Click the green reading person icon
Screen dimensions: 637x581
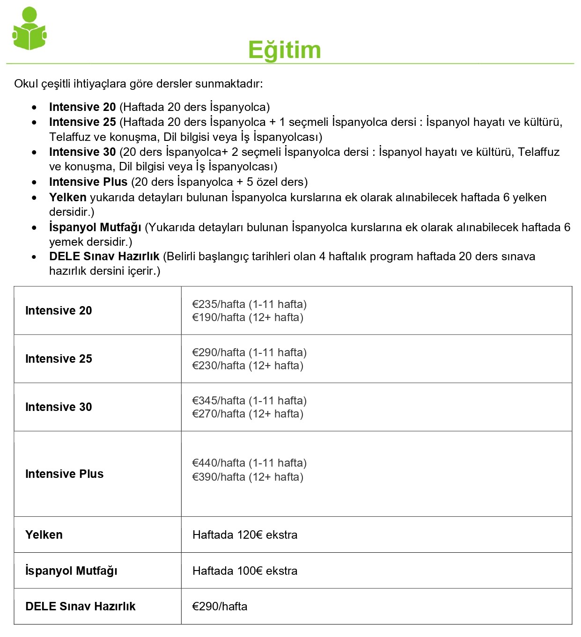tap(29, 29)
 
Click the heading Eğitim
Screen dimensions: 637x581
tap(284, 50)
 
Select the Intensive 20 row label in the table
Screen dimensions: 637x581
tap(59, 311)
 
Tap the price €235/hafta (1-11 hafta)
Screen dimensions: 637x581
tap(249, 304)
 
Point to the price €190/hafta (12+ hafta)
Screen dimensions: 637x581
tap(248, 317)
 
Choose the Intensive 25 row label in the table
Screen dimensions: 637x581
tap(59, 359)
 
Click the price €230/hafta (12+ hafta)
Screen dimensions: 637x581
tap(248, 366)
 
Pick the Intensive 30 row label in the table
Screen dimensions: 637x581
tap(59, 407)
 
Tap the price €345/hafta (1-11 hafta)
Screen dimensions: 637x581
tap(249, 401)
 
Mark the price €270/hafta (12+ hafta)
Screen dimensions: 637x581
tap(248, 414)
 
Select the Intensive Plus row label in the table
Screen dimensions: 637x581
tap(64, 474)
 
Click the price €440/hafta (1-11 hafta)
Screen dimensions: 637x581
tap(249, 463)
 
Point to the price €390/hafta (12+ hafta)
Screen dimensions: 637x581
tap(248, 477)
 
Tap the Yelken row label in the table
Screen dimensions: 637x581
tap(44, 535)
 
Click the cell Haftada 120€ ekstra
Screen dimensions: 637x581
tap(245, 535)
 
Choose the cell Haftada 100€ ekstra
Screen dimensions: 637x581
tap(245, 571)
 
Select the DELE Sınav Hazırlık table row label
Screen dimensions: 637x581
tap(80, 607)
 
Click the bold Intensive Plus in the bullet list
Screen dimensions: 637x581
tap(88, 182)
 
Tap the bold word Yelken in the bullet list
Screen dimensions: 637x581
tap(67, 198)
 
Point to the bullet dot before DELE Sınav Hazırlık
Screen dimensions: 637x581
tap(34, 257)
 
